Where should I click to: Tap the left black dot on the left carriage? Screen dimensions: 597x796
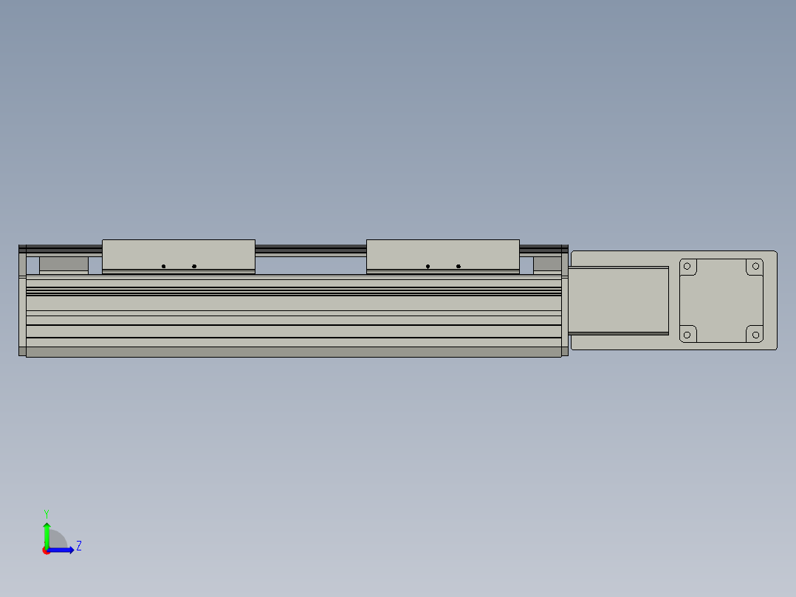(x=164, y=266)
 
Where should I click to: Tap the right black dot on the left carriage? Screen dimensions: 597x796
(x=194, y=266)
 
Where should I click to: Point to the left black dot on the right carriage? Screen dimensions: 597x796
(x=428, y=266)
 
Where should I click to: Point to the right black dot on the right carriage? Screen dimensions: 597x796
(x=459, y=266)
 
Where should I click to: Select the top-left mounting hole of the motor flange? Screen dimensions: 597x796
(x=687, y=266)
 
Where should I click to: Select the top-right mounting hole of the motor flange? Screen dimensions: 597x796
(x=755, y=266)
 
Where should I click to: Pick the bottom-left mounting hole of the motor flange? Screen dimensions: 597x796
(x=687, y=334)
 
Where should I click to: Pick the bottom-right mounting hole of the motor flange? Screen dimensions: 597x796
(x=755, y=334)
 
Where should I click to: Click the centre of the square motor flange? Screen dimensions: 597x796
(x=721, y=300)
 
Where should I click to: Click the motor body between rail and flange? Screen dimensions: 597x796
(x=619, y=300)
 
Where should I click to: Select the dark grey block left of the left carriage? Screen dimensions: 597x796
(x=64, y=264)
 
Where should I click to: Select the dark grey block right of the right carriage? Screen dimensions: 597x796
(x=547, y=264)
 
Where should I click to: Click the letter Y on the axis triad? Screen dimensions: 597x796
(x=46, y=513)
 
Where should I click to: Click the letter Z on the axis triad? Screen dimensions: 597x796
(x=78, y=546)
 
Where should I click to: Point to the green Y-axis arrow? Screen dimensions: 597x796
(x=47, y=533)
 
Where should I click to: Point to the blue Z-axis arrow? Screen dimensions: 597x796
(x=62, y=550)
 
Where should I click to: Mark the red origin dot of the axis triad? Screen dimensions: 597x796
(x=47, y=550)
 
